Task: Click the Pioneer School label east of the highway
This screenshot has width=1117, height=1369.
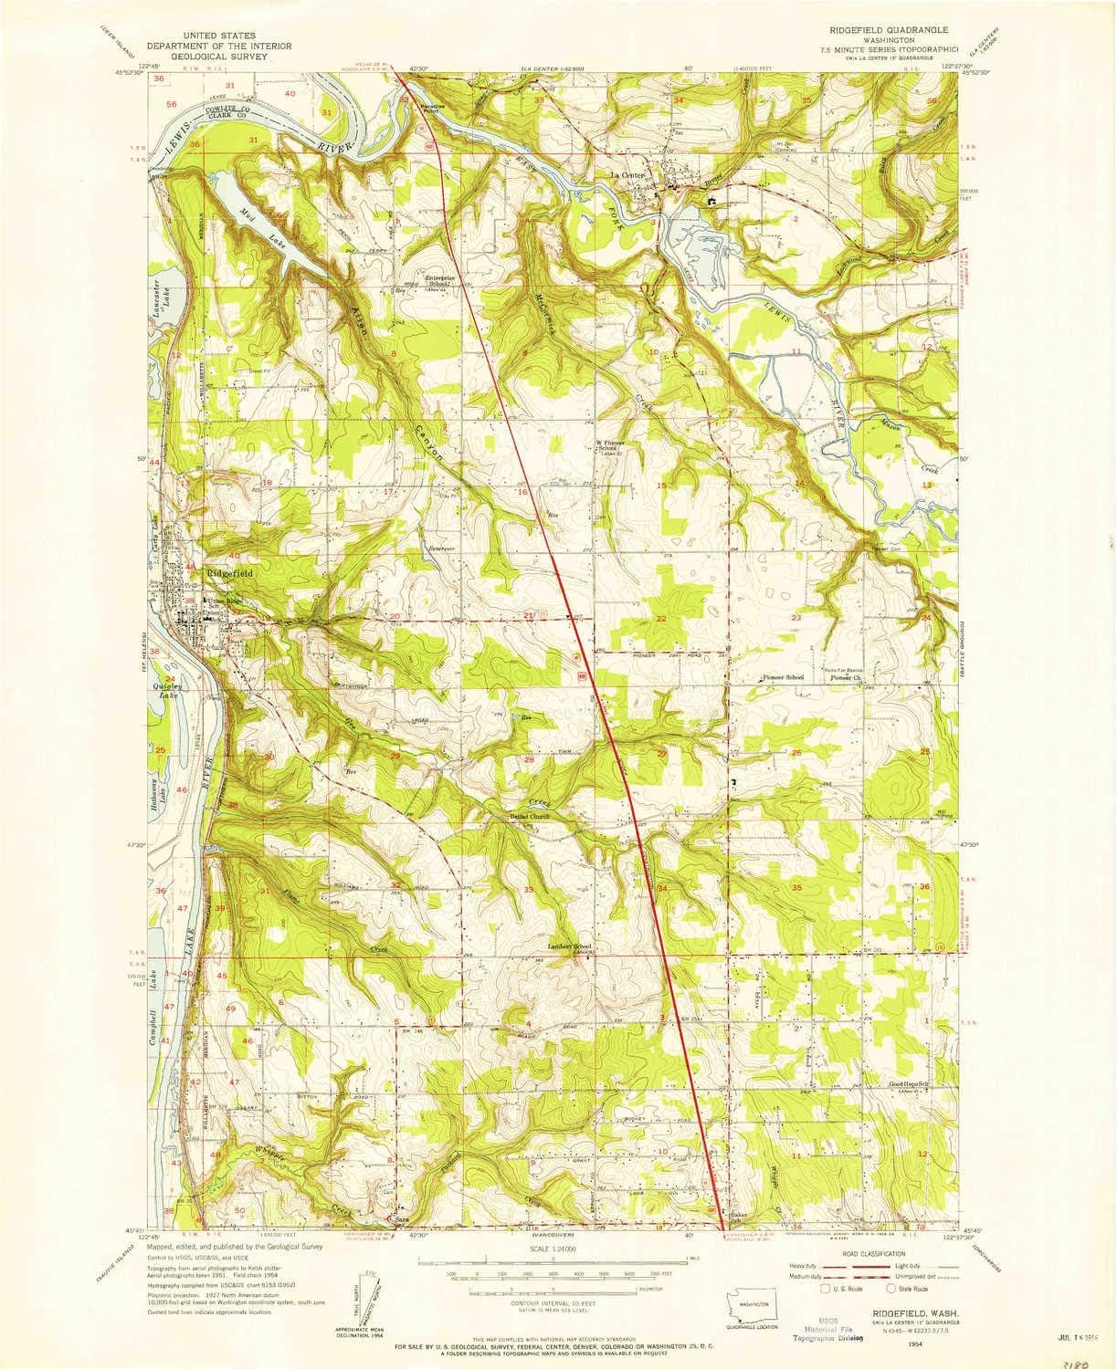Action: pyautogui.click(x=783, y=678)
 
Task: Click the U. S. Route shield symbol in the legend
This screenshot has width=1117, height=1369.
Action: pyautogui.click(x=827, y=1290)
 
